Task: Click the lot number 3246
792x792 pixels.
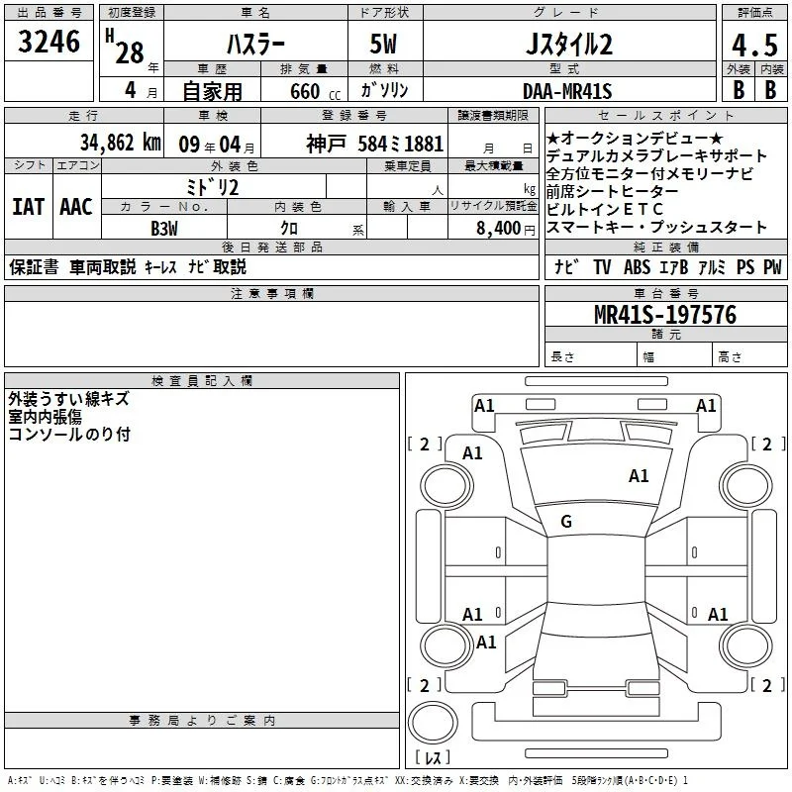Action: coord(49,42)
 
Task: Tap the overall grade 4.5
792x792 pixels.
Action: coord(754,45)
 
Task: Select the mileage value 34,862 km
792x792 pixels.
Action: coord(120,143)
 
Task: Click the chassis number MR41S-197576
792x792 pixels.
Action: coord(665,315)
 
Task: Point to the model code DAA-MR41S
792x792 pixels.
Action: coord(567,91)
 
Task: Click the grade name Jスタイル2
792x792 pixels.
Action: coord(569,45)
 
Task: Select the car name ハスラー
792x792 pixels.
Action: coord(255,45)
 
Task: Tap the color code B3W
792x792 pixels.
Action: coord(164,229)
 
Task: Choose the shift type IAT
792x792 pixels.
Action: coord(29,207)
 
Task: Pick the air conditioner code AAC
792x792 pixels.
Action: coord(76,207)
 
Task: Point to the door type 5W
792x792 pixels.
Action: coord(383,44)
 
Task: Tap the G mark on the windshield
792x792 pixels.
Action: coord(566,522)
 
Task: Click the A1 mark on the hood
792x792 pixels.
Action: coord(639,476)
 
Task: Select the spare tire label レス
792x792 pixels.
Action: coord(433,757)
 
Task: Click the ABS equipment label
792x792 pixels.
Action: coord(637,266)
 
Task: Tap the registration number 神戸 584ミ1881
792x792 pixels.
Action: coord(375,144)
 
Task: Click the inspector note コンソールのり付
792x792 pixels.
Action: coord(69,434)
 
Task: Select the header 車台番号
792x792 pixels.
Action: coord(665,293)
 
